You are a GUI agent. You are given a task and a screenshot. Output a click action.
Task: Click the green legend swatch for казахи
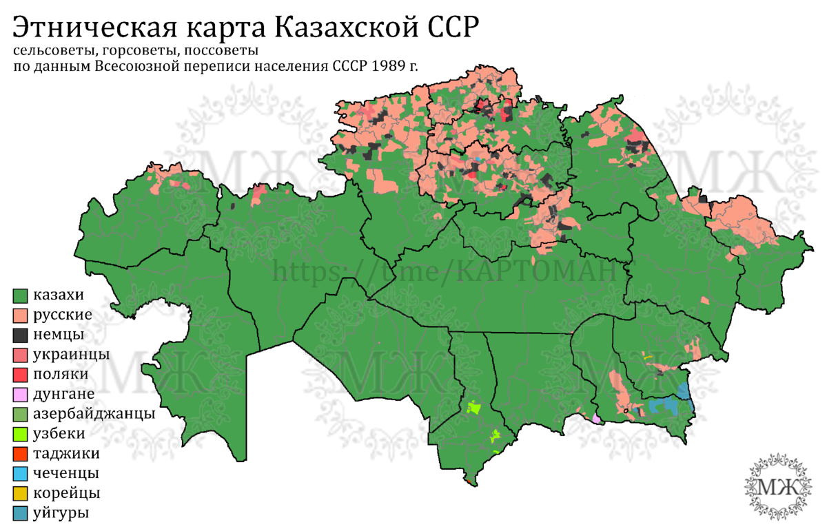point(21,295)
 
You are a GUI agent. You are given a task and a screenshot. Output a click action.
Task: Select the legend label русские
point(63,315)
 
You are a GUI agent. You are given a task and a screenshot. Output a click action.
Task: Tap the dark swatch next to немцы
point(21,335)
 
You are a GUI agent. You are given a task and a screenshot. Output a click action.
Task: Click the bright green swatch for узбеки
point(21,434)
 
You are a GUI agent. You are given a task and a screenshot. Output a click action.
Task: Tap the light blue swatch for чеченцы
point(21,474)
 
